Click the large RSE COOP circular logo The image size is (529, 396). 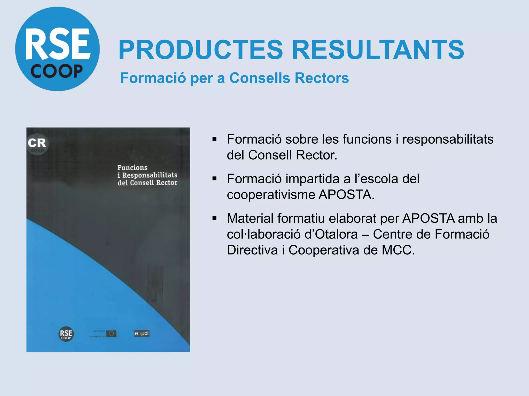[x=57, y=49]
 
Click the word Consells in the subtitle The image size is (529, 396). [x=260, y=78]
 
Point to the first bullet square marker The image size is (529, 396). [x=214, y=139]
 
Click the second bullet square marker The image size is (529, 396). [x=214, y=179]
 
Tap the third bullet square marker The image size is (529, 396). [x=214, y=218]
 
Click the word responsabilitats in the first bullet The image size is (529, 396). [x=448, y=139]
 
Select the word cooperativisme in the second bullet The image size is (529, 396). [x=271, y=195]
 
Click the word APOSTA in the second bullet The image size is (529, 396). [x=346, y=195]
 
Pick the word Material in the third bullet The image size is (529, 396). [x=250, y=218]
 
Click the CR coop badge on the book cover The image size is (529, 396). [x=37, y=145]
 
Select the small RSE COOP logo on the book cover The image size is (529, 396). [x=66, y=334]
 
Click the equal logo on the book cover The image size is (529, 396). [x=142, y=333]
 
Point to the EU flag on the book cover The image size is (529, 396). [x=111, y=334]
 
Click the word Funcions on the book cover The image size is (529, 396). [x=132, y=168]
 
